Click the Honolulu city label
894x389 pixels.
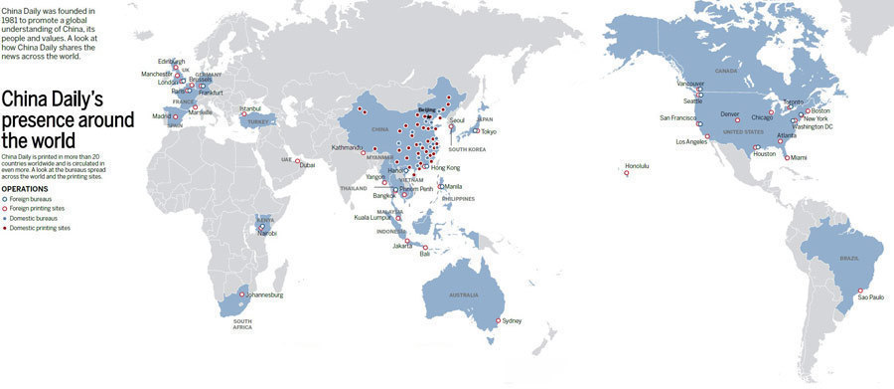click(x=637, y=165)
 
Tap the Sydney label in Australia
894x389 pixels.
click(x=512, y=320)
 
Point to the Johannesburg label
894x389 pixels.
click(x=263, y=295)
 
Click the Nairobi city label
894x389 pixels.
click(x=268, y=233)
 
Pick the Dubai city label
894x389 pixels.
click(x=307, y=165)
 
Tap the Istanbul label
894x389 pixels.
click(x=250, y=108)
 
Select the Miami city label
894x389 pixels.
click(x=800, y=157)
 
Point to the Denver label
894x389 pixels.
click(x=730, y=113)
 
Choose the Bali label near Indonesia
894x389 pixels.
click(x=426, y=255)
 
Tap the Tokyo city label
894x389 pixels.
click(x=489, y=131)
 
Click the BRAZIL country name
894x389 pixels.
click(x=849, y=258)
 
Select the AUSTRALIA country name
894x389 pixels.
click(x=464, y=295)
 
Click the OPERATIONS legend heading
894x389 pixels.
click(x=25, y=188)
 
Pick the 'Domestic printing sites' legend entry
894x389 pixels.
click(x=40, y=228)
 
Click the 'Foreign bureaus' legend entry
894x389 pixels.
click(x=30, y=198)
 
